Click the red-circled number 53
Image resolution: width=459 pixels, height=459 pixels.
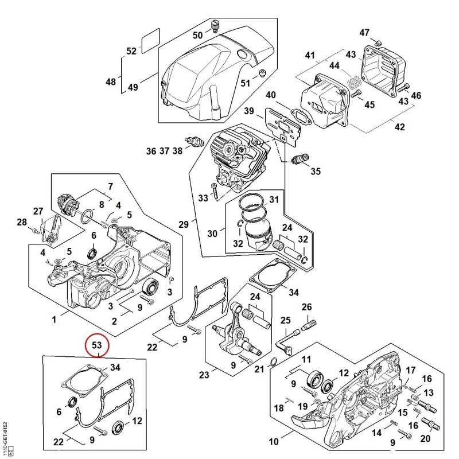tap(96, 345)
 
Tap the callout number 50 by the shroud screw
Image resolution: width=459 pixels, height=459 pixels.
tap(197, 35)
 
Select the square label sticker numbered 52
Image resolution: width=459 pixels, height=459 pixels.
tap(151, 41)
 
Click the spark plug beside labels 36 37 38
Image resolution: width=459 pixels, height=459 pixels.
tap(193, 141)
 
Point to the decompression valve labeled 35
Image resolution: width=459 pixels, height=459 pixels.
tap(301, 158)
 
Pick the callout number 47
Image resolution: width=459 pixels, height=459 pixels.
tap(364, 33)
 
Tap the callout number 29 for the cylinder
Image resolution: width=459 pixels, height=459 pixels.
tap(184, 224)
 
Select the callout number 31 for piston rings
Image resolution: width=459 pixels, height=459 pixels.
tap(274, 199)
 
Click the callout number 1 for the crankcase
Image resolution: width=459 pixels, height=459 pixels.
tap(54, 320)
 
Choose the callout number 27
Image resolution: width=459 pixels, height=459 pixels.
tap(38, 211)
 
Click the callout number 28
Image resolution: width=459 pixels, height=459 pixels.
tap(22, 222)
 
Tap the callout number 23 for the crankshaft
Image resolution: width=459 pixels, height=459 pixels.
tap(204, 375)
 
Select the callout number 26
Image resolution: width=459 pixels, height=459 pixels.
tap(306, 307)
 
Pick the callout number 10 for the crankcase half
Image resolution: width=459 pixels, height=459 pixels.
tap(274, 441)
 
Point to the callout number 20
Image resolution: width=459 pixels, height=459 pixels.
tap(425, 438)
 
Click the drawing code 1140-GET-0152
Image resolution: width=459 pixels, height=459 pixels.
tap(5, 437)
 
